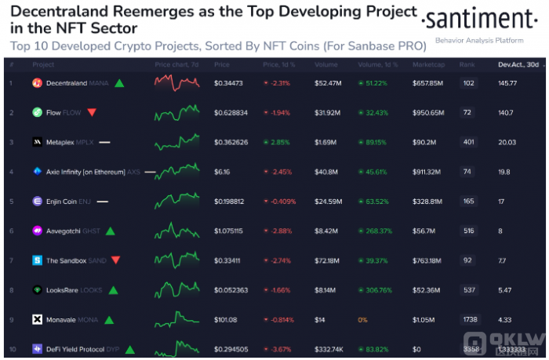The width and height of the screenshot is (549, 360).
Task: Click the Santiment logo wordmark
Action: tap(479, 18)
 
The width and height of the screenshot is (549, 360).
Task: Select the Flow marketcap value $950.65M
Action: tap(429, 113)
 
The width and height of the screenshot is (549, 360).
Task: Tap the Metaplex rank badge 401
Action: tap(469, 142)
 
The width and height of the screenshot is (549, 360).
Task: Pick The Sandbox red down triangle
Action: tap(116, 260)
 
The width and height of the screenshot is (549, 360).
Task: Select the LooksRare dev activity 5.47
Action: tap(506, 289)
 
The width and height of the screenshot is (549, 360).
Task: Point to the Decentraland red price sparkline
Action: tap(176, 81)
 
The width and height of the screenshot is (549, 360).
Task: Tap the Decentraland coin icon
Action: tap(37, 82)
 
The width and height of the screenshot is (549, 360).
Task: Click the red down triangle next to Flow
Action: tap(92, 112)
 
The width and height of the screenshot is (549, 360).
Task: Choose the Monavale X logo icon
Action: tap(37, 319)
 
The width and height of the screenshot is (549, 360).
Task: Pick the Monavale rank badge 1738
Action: tap(470, 319)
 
